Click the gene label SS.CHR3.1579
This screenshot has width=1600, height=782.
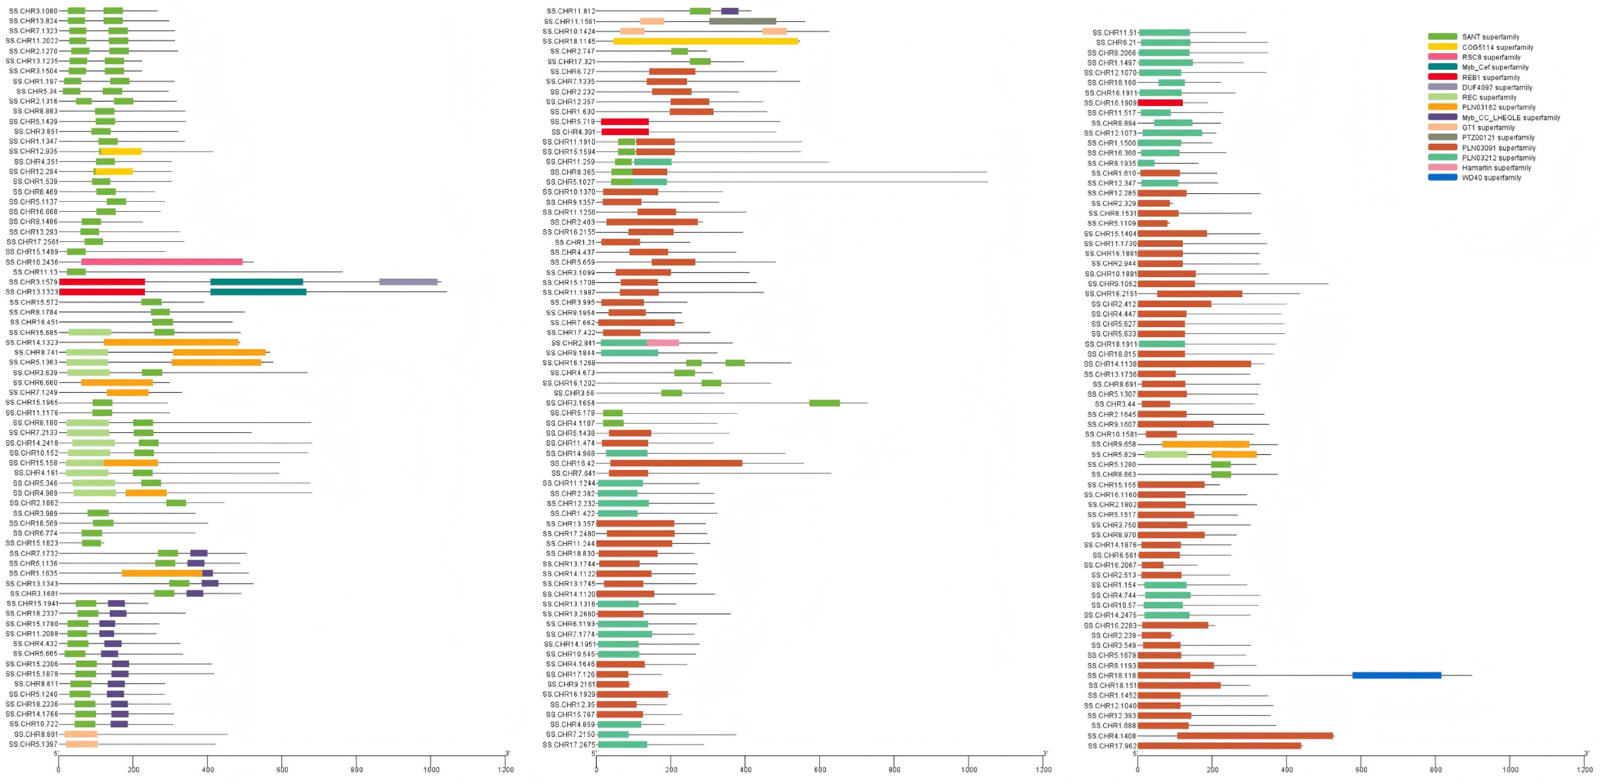pyautogui.click(x=31, y=282)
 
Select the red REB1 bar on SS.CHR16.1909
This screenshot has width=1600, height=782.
pyautogui.click(x=1160, y=103)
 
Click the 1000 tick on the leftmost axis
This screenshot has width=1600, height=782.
pyautogui.click(x=431, y=770)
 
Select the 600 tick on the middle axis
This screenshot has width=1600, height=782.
pyautogui.click(x=819, y=770)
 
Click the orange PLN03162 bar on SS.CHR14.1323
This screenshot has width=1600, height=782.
pyautogui.click(x=172, y=342)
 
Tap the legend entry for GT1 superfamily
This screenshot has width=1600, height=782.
pyautogui.click(x=1488, y=127)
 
